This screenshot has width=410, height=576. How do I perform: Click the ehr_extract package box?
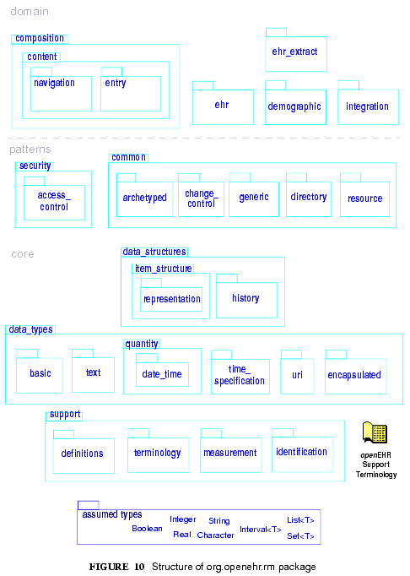click(x=296, y=54)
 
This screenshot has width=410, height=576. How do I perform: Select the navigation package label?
click(x=54, y=83)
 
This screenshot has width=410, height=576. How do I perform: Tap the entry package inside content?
click(x=131, y=93)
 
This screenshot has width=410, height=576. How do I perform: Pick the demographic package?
click(x=295, y=106)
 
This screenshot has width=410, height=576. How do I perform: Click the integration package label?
click(x=367, y=106)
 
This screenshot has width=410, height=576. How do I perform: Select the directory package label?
click(x=309, y=197)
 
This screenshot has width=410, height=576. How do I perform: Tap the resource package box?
click(x=364, y=199)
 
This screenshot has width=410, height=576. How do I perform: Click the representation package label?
click(x=172, y=299)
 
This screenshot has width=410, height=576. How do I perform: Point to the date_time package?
click(x=162, y=374)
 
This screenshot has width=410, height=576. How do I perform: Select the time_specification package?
click(x=240, y=376)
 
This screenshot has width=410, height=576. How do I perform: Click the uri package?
click(x=297, y=376)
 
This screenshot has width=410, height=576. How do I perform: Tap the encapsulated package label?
click(x=354, y=375)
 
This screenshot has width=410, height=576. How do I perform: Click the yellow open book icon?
click(x=375, y=432)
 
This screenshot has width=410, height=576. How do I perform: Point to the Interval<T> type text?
click(x=260, y=530)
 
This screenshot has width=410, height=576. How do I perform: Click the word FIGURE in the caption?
click(x=109, y=567)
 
